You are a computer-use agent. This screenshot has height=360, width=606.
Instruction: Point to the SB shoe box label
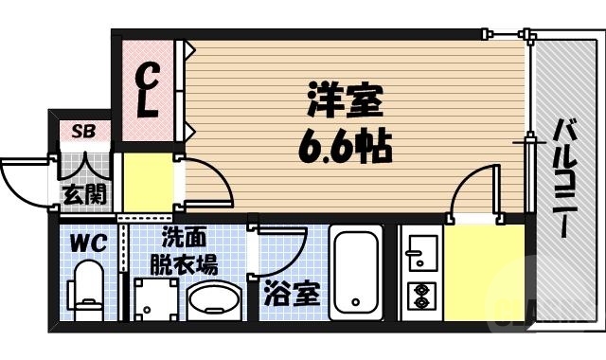coord(82,132)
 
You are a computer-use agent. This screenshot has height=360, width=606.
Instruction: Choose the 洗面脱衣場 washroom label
coord(187,250)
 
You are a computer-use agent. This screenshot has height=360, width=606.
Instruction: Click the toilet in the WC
coord(87,288)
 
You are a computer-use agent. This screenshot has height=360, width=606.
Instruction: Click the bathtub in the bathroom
coord(355,276)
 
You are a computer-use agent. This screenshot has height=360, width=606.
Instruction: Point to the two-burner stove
coord(419,297)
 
